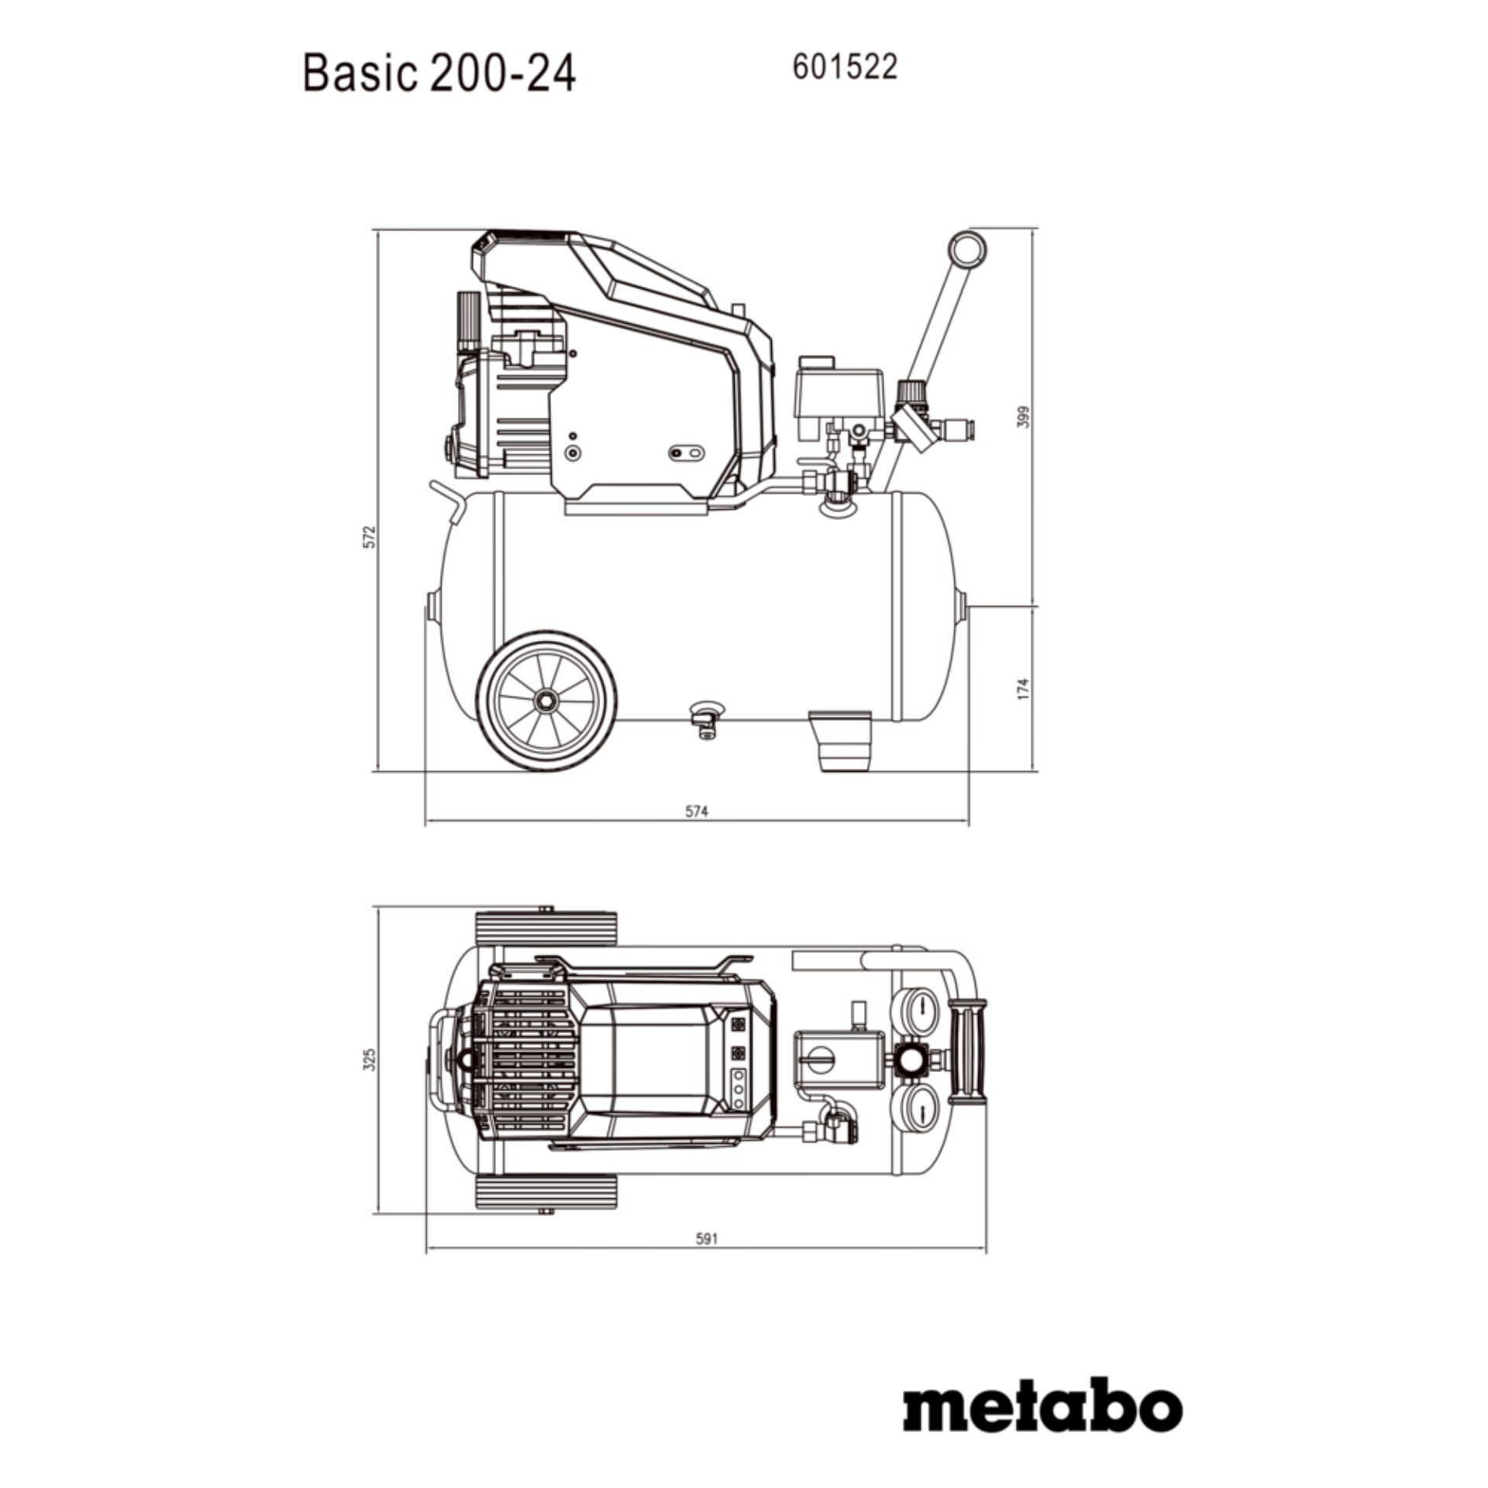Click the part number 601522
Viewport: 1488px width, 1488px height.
point(844,68)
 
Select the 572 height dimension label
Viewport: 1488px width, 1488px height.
point(370,537)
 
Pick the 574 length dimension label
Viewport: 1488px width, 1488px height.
point(697,811)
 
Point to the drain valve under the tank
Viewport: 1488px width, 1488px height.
point(705,717)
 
